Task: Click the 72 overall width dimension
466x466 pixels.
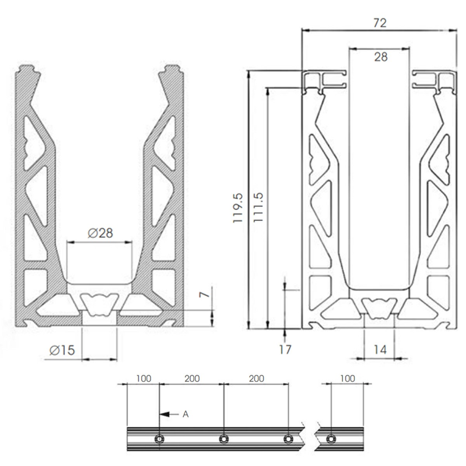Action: click(x=380, y=23)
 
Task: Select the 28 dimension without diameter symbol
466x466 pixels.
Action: click(x=381, y=57)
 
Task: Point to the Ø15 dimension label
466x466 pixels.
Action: click(x=62, y=350)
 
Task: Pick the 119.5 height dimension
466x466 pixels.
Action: click(x=238, y=208)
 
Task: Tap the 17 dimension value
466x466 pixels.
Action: click(x=285, y=350)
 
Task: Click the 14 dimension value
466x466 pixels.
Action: click(x=380, y=350)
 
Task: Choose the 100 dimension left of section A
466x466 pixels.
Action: click(x=143, y=378)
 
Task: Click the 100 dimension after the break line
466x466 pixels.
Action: click(x=347, y=378)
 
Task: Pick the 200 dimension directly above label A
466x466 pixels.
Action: click(x=192, y=378)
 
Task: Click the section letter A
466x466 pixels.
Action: click(x=186, y=414)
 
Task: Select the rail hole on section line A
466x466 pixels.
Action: click(x=159, y=439)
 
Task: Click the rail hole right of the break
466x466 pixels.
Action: click(x=330, y=439)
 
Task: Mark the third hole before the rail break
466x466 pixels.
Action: click(x=288, y=439)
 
